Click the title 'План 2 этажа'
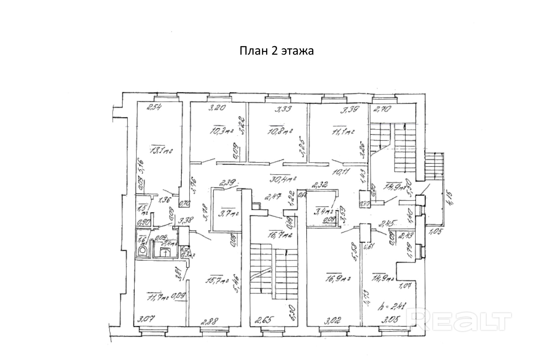click(277, 51)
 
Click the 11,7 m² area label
click(158, 297)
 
